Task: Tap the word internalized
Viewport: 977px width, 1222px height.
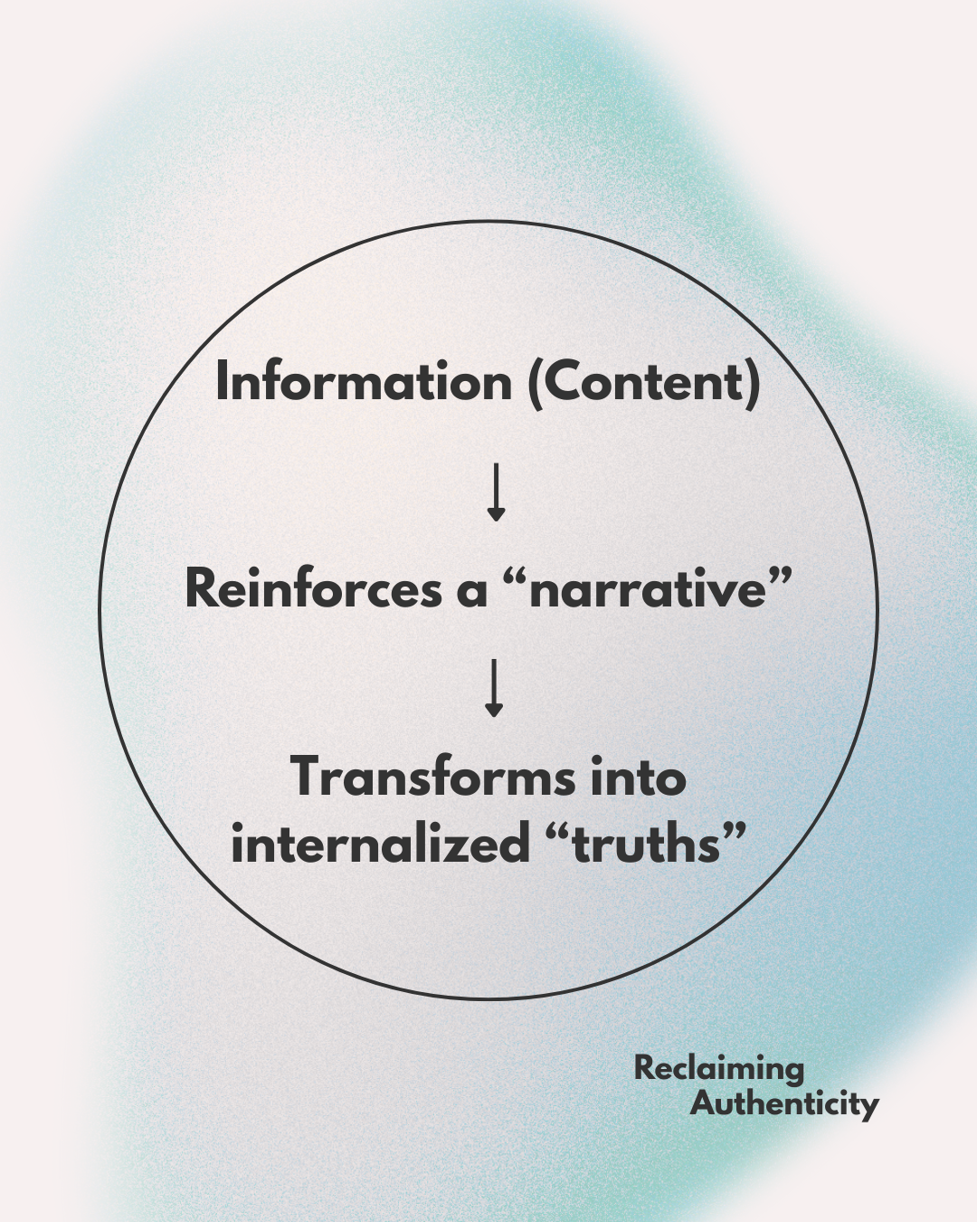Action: click(x=380, y=844)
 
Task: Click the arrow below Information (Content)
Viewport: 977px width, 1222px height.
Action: click(x=495, y=492)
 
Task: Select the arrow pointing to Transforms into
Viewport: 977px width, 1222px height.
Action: click(x=494, y=688)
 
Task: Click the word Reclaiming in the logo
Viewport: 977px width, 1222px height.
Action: click(x=718, y=1068)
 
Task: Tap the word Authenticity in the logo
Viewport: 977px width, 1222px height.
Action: click(x=784, y=1104)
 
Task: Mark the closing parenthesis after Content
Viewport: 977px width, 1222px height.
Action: click(x=753, y=384)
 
